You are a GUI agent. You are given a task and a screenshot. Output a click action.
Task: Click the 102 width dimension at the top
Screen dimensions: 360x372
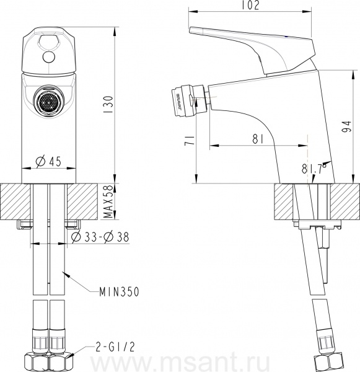(250, 5)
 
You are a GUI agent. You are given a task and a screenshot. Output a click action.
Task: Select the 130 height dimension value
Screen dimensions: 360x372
(108, 104)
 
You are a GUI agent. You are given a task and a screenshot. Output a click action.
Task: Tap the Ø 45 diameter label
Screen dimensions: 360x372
(48, 161)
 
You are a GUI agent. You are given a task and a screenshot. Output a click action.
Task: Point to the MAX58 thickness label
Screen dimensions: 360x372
(108, 201)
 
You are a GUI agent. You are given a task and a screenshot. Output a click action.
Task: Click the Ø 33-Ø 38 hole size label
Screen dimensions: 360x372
(100, 237)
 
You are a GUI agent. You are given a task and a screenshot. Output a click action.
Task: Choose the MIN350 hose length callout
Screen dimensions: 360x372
(120, 292)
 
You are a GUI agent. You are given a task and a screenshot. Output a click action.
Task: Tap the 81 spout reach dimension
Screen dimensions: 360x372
(258, 138)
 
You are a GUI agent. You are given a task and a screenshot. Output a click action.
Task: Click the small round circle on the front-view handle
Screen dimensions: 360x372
(49, 57)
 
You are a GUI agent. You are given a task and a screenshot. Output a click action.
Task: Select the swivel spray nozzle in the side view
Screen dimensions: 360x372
(189, 100)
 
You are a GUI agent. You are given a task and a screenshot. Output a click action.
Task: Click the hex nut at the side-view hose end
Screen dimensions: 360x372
(329, 363)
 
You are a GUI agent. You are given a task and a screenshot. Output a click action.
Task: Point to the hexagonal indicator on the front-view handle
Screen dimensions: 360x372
(48, 40)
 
